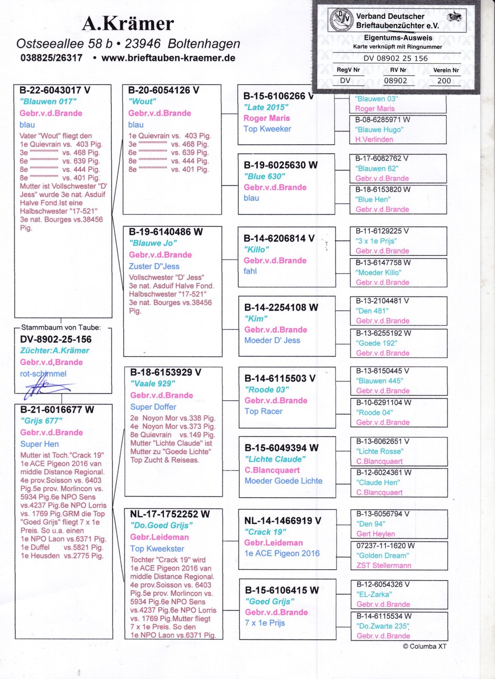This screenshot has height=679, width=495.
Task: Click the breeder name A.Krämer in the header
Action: (128, 23)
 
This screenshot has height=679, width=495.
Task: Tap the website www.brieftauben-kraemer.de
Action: (168, 58)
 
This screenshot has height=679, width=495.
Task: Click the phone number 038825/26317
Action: (52, 58)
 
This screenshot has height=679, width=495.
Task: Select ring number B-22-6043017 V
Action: (54, 90)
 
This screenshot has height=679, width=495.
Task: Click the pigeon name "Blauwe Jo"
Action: (153, 243)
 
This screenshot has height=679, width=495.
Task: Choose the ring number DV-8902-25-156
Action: (56, 339)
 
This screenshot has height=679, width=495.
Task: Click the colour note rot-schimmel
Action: (43, 374)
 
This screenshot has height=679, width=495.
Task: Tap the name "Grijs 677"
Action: (41, 421)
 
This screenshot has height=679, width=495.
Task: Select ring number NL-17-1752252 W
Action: (170, 514)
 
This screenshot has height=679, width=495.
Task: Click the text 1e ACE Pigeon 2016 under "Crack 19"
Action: (282, 553)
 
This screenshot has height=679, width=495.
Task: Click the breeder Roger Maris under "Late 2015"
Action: (266, 118)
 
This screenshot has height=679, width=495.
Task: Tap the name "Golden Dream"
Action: (382, 555)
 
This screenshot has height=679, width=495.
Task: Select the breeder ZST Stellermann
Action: (384, 565)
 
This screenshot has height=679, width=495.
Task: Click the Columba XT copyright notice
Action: (424, 646)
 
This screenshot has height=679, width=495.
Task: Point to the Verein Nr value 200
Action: (444, 81)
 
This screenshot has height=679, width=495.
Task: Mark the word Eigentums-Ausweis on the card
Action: (398, 38)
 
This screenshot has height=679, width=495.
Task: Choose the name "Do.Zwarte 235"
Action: (382, 626)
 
